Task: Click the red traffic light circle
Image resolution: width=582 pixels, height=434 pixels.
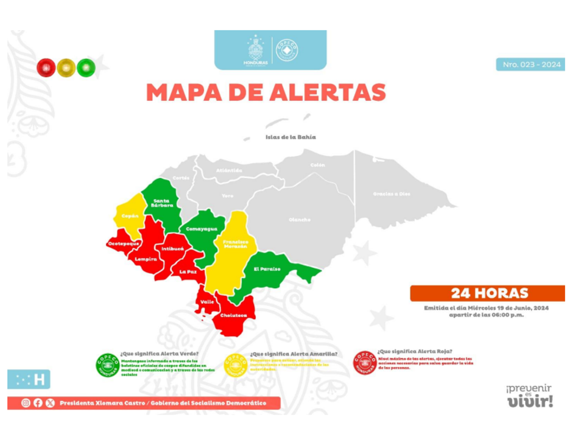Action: [46, 68]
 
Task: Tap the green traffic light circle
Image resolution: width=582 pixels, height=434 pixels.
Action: [86, 68]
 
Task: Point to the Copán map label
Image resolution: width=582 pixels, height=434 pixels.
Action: [130, 216]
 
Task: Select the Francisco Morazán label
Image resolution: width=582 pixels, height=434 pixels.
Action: [235, 244]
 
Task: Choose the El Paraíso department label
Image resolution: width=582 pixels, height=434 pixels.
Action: [267, 269]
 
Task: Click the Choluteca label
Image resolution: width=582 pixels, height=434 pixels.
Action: [233, 316]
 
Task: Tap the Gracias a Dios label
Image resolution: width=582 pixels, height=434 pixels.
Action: [391, 194]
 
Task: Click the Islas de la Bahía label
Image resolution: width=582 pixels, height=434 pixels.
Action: [291, 137]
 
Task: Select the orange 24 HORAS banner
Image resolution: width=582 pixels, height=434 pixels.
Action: [487, 294]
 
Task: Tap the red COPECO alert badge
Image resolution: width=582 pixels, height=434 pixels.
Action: [365, 362]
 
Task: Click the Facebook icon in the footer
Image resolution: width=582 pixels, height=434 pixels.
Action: [38, 403]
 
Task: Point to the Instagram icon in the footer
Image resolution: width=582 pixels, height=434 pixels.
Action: [26, 403]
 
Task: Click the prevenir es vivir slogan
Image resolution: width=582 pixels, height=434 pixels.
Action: [530, 396]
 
